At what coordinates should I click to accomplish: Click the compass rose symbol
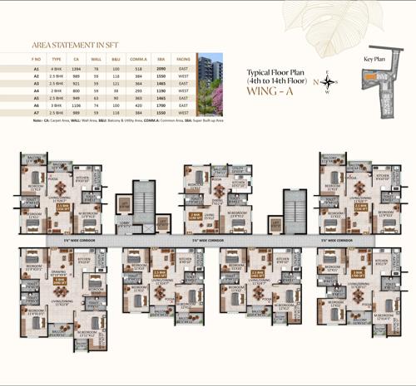330,81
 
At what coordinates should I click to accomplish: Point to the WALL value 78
97,68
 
